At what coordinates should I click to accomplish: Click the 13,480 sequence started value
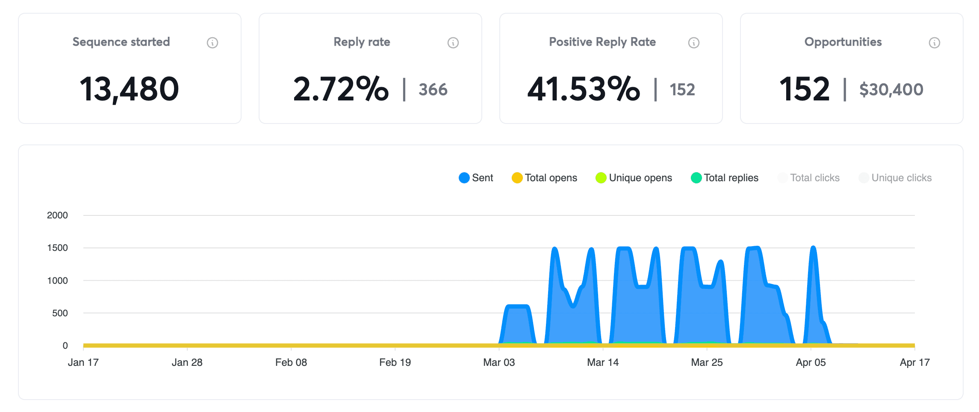tap(129, 89)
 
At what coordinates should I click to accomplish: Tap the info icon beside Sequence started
tap(212, 43)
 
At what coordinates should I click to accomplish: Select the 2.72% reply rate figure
tap(341, 89)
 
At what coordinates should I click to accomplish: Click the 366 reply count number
tap(433, 90)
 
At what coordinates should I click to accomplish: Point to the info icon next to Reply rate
tap(453, 43)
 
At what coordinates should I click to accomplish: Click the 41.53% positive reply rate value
tap(584, 89)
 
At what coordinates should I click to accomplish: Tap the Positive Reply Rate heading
tap(602, 42)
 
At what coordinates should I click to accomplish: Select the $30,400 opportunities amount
tap(891, 90)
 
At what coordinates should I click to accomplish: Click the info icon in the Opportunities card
tap(935, 43)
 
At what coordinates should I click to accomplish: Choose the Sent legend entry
tap(476, 178)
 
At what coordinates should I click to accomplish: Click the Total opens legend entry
tap(544, 178)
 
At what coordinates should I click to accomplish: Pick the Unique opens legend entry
tap(634, 178)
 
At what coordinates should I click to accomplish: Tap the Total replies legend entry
tap(725, 178)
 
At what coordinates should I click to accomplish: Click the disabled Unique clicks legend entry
tap(895, 178)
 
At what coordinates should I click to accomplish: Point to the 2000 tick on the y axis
tap(57, 215)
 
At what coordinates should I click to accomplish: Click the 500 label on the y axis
tap(60, 313)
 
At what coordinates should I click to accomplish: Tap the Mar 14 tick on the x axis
tap(603, 362)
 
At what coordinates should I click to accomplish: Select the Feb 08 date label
tap(291, 362)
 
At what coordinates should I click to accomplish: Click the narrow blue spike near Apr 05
tap(814, 291)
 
